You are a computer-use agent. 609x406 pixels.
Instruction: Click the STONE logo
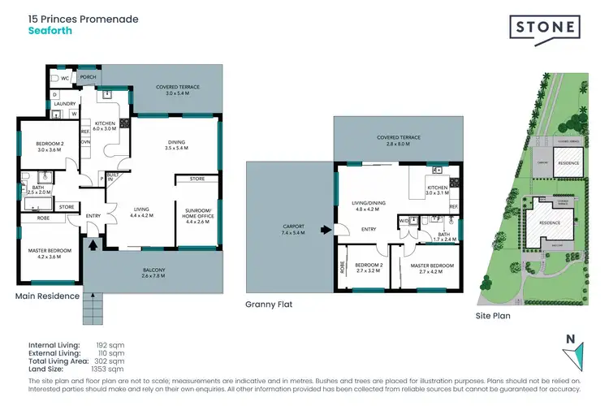(x=545, y=28)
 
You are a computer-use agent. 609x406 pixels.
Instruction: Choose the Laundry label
(x=64, y=104)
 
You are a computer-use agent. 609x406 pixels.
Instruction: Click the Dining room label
(x=176, y=143)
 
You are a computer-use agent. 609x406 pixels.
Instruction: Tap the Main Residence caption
(x=47, y=296)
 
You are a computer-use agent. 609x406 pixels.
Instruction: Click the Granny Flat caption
(x=268, y=305)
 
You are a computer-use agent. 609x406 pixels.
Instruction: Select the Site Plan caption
(x=493, y=315)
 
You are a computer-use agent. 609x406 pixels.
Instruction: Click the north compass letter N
(x=570, y=339)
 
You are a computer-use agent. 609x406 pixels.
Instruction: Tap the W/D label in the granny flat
(x=404, y=219)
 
